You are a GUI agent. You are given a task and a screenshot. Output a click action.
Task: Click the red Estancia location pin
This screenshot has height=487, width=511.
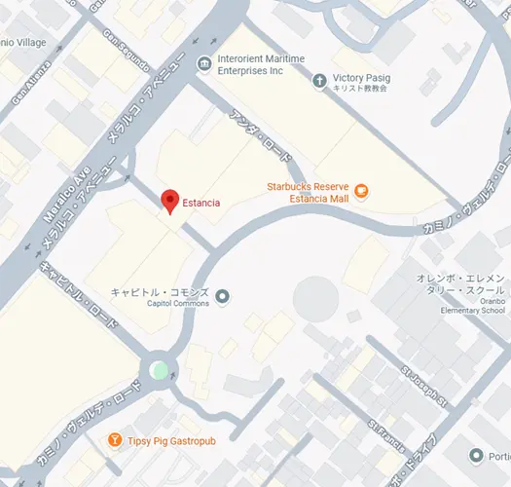(171, 200)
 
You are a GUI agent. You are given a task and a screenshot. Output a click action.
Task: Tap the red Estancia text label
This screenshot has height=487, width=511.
(201, 203)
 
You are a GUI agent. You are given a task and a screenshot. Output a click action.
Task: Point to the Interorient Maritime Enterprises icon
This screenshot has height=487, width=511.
(203, 64)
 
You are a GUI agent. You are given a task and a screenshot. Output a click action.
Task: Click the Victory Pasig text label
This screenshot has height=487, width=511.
(361, 76)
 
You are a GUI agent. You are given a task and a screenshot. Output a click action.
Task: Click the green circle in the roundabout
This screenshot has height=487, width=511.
(159, 369)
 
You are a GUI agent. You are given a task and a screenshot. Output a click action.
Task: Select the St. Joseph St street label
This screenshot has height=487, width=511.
(422, 386)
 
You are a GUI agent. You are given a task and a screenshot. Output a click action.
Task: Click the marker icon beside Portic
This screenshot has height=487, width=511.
(476, 456)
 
